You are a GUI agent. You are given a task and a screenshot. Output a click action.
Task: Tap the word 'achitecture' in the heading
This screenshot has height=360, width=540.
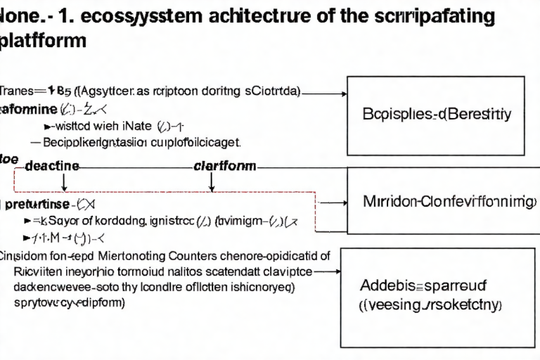tap(238, 15)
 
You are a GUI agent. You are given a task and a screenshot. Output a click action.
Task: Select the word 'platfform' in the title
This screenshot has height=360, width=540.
tap(43, 40)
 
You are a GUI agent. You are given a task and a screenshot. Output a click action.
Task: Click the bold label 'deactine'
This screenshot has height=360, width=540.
tap(51, 167)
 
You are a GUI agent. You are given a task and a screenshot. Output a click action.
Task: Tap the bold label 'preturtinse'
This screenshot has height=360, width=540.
tap(37, 205)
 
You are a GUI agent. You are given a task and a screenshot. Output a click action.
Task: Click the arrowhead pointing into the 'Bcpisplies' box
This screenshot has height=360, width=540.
tap(345, 93)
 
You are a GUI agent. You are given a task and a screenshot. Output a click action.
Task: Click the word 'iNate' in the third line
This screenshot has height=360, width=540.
tap(136, 127)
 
